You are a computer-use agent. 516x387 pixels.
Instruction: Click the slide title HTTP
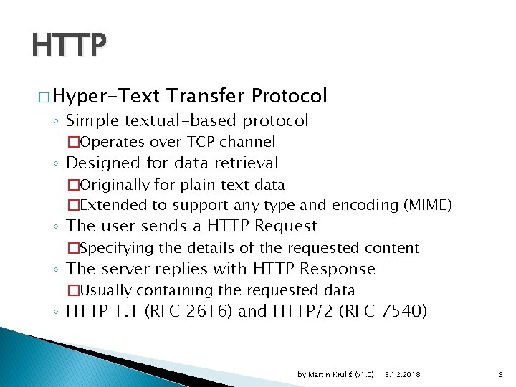click(x=69, y=47)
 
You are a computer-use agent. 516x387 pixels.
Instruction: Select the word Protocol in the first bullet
click(x=290, y=96)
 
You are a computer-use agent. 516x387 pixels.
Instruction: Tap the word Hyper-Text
click(x=108, y=96)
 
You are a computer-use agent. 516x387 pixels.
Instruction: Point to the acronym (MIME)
click(x=428, y=205)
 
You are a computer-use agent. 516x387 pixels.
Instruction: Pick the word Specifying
click(x=110, y=248)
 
